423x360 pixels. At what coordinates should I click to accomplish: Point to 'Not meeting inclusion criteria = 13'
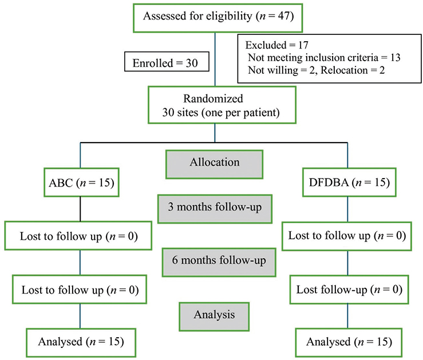(323, 57)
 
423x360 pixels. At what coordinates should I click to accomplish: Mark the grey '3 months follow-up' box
(214, 206)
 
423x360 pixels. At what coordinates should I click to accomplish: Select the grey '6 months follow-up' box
(214, 260)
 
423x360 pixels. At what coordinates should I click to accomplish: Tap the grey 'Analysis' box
(214, 314)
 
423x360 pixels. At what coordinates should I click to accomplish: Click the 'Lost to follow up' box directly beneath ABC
(79, 236)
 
